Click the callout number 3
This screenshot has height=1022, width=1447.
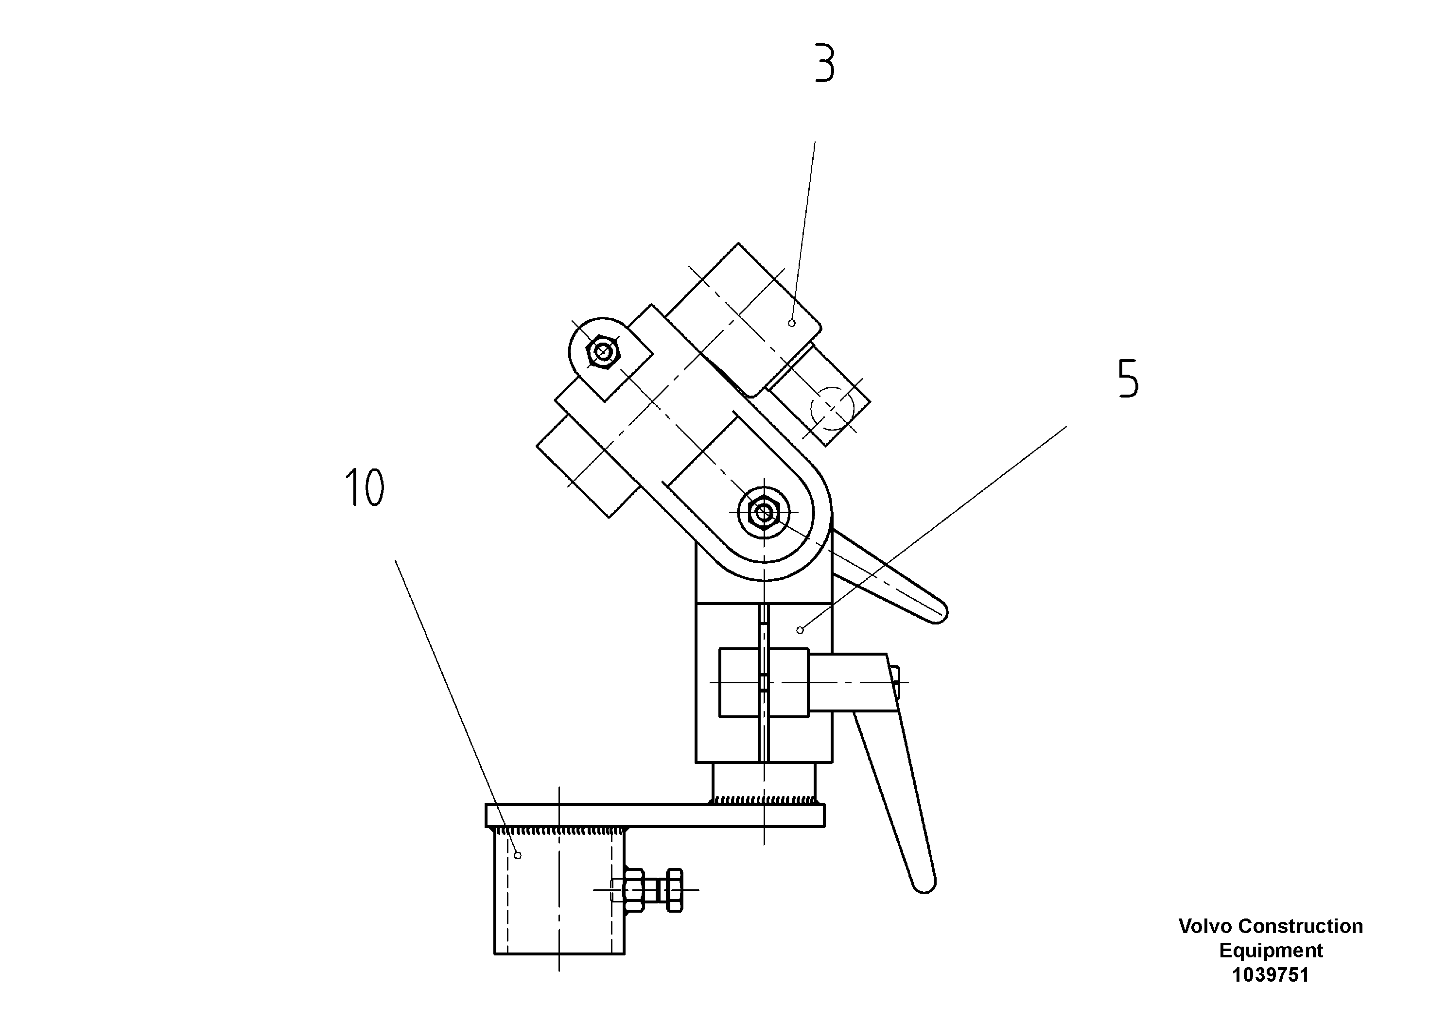pos(824,63)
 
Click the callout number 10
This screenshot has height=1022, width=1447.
pos(364,488)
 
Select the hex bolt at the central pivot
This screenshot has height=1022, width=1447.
pos(764,513)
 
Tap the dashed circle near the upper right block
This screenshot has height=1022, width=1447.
pos(832,408)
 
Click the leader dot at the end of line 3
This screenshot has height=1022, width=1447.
pos(792,323)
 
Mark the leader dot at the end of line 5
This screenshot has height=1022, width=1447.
pos(800,630)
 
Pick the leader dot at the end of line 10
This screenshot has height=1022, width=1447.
pos(518,855)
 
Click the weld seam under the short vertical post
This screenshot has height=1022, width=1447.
pos(764,799)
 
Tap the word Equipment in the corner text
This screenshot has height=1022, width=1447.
pos(1271,951)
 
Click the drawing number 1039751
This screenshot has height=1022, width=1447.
pos(1271,975)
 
